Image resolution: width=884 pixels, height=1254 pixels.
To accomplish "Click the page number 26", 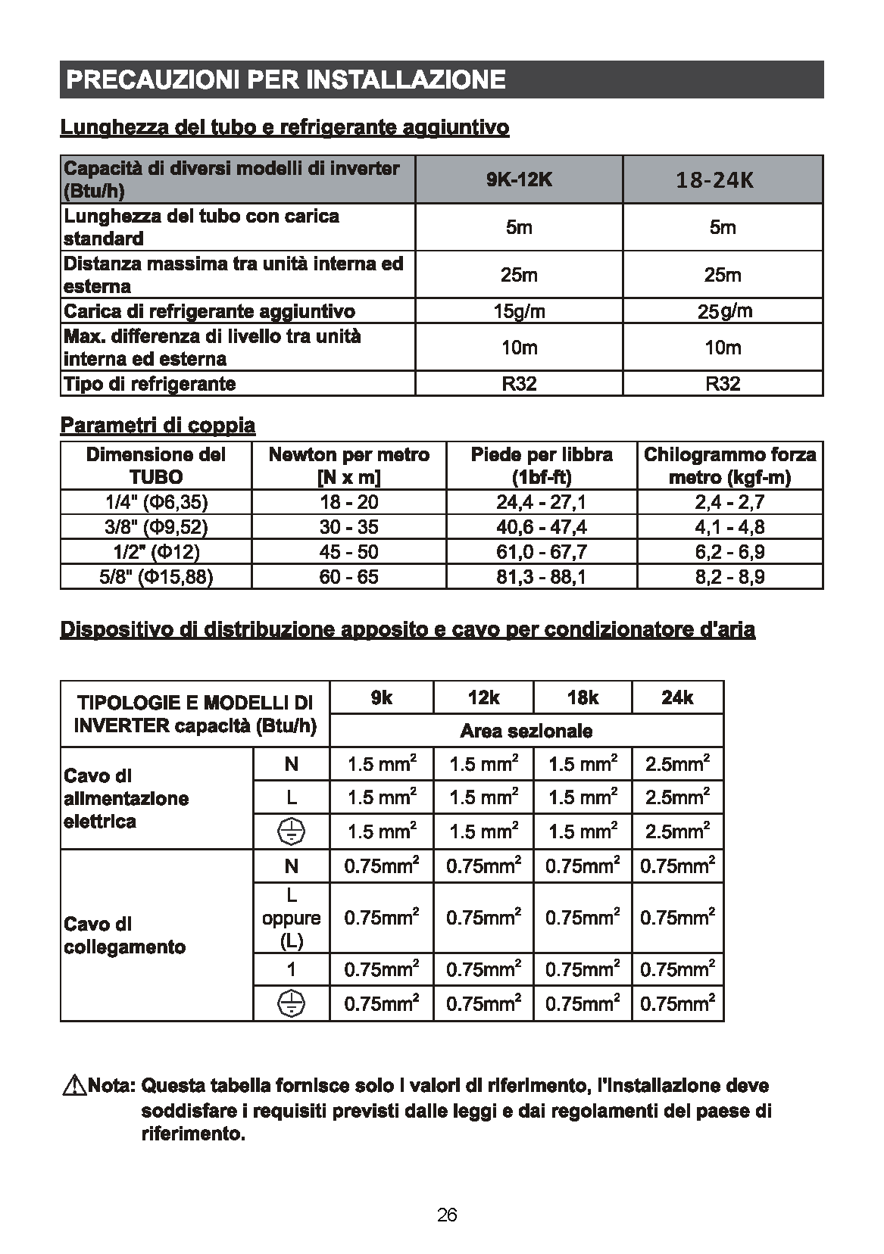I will (447, 1215).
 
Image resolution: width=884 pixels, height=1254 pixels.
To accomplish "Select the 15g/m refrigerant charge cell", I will (519, 311).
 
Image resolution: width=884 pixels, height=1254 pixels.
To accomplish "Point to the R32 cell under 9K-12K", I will (519, 383).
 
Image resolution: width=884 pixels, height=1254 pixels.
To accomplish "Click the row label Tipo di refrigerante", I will (150, 383).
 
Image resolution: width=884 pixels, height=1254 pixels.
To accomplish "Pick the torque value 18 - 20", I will (348, 502).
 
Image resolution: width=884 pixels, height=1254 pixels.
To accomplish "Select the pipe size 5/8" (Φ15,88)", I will (156, 577).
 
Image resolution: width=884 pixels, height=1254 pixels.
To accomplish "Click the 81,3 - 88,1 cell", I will (541, 577).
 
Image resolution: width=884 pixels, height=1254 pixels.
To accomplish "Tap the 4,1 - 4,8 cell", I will (729, 527).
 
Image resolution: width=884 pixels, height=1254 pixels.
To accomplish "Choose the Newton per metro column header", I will (348, 466).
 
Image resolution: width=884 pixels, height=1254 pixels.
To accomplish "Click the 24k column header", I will (676, 697).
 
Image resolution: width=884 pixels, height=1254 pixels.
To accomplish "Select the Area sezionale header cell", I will (526, 731).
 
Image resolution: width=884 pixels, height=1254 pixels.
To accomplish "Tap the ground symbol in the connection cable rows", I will (291, 1004).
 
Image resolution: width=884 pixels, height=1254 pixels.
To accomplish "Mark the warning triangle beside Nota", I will (75, 1087).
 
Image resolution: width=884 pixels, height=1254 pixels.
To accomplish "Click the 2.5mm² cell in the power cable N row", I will (676, 763).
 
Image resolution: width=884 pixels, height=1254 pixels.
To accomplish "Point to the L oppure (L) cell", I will (291, 918).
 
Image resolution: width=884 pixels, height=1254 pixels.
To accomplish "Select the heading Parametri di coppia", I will (158, 426).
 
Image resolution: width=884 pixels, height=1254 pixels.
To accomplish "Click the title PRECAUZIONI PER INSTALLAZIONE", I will (286, 80).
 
